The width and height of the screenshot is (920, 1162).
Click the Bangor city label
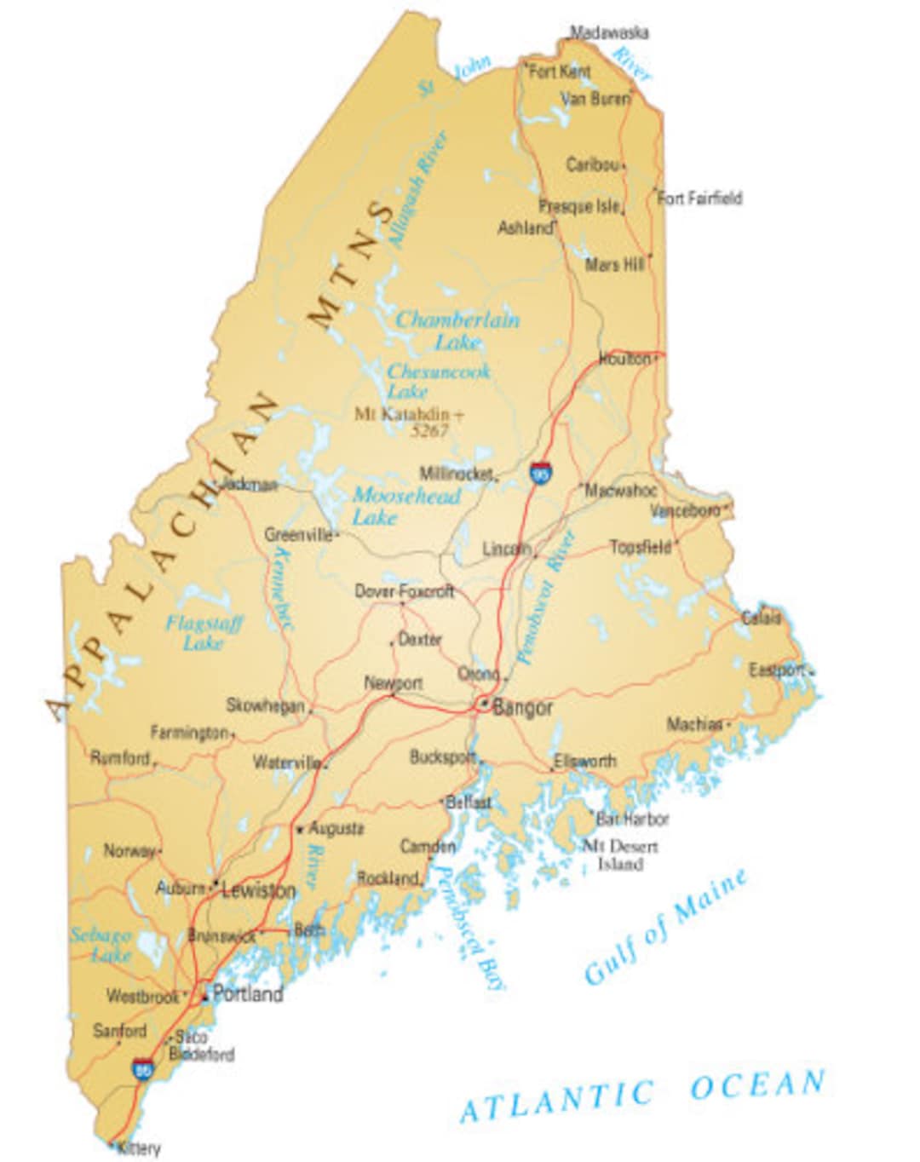point(522,707)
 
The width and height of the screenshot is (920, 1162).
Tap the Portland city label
point(247,993)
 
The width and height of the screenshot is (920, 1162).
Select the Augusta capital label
point(336,828)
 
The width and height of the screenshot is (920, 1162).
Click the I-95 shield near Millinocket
point(539,473)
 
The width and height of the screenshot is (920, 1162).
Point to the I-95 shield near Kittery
point(142,1068)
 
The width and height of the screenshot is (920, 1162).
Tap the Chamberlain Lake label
point(457,331)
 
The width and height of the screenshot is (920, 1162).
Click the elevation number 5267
point(429,431)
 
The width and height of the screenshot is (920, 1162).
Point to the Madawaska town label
point(609,32)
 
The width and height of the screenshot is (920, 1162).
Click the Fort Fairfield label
point(700,198)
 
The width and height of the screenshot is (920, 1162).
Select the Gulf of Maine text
point(666,927)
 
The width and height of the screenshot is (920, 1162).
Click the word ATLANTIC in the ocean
point(558,1101)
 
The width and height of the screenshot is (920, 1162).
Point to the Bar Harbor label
point(632,819)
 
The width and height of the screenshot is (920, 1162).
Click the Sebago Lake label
point(102,945)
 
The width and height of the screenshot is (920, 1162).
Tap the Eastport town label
point(776,670)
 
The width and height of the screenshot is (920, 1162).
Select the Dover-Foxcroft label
point(404,590)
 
